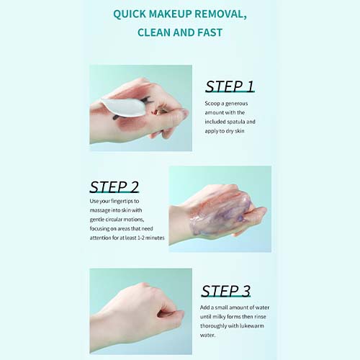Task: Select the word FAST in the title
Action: point(210,32)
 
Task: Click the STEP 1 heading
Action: point(230,86)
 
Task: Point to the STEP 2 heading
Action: point(114,187)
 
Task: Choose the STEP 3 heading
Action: point(226,291)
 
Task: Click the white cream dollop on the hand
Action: point(123,107)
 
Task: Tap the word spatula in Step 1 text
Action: point(235,122)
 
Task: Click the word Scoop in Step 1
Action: point(212,104)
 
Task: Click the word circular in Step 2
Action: point(115,220)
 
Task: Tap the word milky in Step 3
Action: point(219,317)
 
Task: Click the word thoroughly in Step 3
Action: point(213,326)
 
